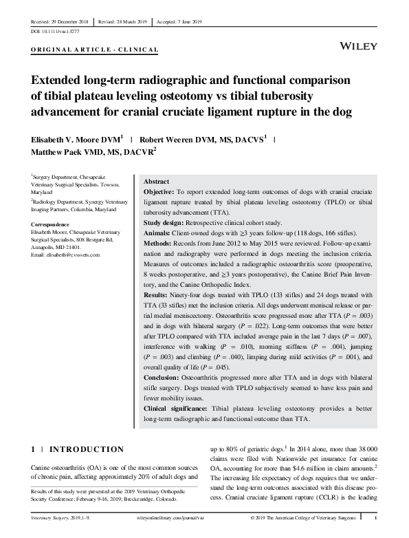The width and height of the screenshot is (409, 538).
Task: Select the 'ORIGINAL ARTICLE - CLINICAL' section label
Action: (95, 50)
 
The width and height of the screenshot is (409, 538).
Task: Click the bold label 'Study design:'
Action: (168, 222)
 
